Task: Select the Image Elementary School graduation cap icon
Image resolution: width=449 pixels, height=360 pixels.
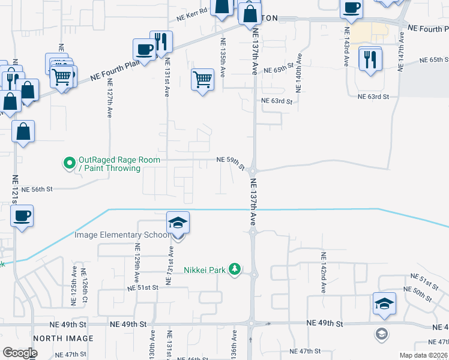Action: pos(178,223)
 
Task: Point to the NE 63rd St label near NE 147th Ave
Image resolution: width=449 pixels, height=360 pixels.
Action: pos(373,97)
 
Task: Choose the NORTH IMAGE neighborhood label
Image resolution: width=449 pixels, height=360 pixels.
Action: pos(64,339)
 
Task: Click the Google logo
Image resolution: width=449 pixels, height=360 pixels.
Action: pos(20,353)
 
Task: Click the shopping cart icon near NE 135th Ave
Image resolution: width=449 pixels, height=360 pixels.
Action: pos(202,79)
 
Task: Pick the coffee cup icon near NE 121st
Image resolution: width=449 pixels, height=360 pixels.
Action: pos(22,215)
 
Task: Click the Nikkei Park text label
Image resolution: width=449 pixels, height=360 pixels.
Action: pos(205,270)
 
